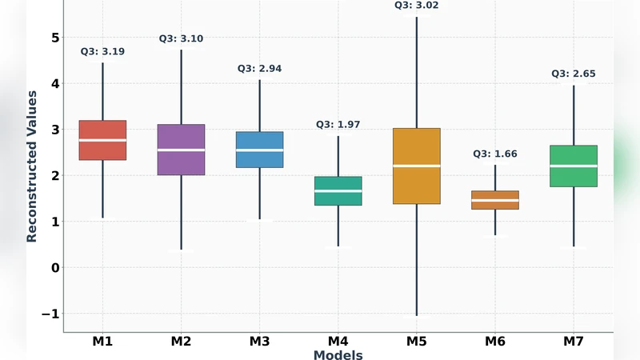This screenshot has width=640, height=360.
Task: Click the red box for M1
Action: point(102,140)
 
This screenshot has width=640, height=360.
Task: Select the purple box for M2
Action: point(181,150)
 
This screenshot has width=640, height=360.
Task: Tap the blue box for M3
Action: point(259,150)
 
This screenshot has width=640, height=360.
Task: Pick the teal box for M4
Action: point(338,190)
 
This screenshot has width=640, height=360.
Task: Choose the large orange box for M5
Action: point(416,166)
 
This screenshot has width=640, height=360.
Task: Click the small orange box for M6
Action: point(494,200)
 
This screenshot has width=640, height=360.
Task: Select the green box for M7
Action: point(573,166)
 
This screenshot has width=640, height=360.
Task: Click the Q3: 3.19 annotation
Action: point(102,51)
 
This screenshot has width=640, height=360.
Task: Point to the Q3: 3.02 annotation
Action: point(416,5)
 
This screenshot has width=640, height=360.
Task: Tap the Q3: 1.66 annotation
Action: point(494,154)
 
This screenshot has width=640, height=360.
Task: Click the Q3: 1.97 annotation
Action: point(338,124)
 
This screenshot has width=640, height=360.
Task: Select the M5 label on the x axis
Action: point(416,342)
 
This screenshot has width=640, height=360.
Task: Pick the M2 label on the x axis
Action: point(181,342)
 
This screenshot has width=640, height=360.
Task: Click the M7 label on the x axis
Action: point(573,342)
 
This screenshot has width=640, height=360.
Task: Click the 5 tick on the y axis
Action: point(54,38)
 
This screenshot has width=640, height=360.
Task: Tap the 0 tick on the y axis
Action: point(54,267)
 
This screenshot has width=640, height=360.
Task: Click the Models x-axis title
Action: point(338,354)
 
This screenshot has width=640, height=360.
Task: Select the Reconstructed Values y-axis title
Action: point(32,166)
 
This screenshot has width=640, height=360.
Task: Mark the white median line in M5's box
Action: point(416,166)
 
